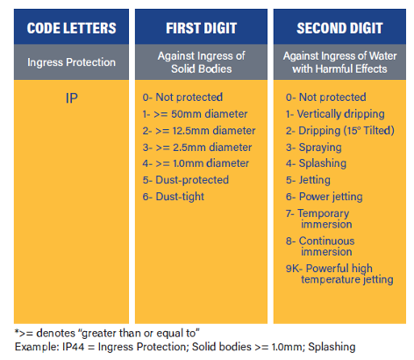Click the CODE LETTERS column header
pos(71,28)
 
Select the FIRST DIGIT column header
pos(201,28)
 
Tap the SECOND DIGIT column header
pos(339,28)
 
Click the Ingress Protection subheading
pos(71,62)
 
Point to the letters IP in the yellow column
pos(72,98)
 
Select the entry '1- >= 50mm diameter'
pos(195,114)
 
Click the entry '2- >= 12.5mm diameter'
pos(199,131)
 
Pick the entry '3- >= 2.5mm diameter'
pos(197,148)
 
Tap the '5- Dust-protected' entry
pos(186,180)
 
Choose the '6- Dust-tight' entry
pos(173,197)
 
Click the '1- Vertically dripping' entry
pos(335,114)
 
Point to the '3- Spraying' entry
pos(313,148)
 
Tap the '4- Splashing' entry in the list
pos(316,163)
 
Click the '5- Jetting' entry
pos(308,180)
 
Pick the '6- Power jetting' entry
pos(324,197)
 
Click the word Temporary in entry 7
pos(323,213)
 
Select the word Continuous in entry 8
pos(326,241)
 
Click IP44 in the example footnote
pos(73,347)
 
